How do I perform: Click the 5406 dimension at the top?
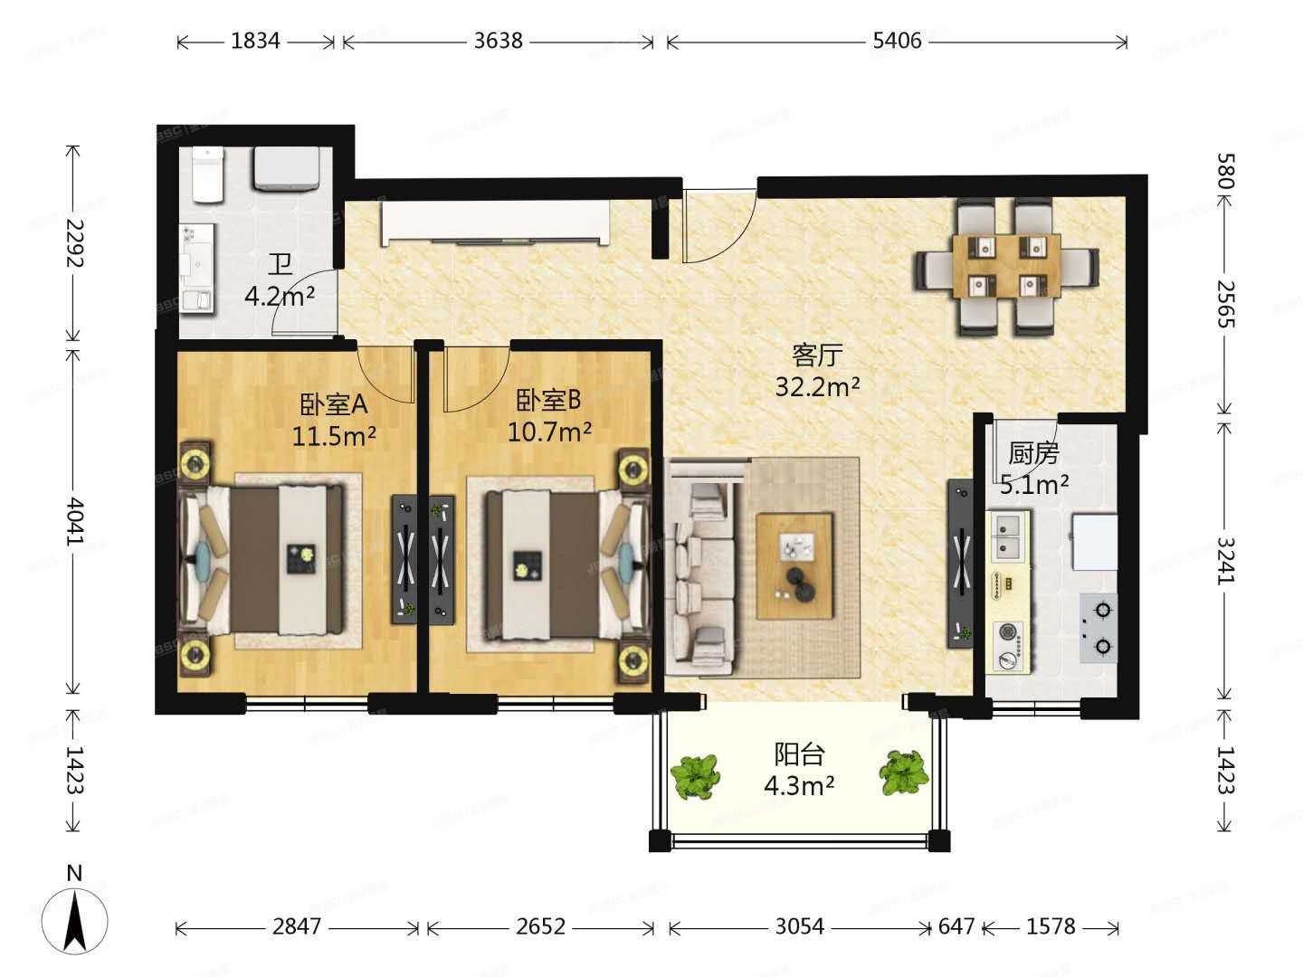[x=897, y=41]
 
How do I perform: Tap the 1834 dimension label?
[x=255, y=41]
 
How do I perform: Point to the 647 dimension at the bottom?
[x=956, y=926]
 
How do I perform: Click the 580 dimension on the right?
[x=1226, y=171]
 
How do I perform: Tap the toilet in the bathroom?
[x=207, y=174]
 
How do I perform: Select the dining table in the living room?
[x=1007, y=266]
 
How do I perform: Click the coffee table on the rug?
[x=794, y=566]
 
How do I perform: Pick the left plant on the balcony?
[x=695, y=776]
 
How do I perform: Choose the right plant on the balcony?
[x=903, y=773]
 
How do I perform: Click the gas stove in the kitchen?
[x=1099, y=628]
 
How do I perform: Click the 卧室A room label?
[x=334, y=404]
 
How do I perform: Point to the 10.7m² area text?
[x=549, y=432]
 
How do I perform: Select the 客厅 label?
[x=817, y=356]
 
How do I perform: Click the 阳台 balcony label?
[x=799, y=754]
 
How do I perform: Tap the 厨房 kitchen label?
[x=1033, y=454]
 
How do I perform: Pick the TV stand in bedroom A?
[x=404, y=559]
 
